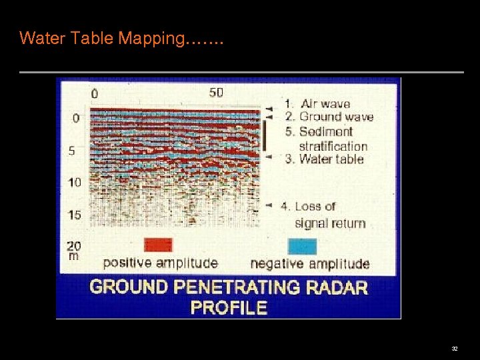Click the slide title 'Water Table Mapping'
click(x=121, y=38)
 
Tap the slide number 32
click(x=455, y=349)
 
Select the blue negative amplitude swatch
click(x=302, y=245)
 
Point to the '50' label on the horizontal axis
click(x=216, y=93)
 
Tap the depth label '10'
click(x=75, y=182)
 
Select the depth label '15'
click(x=75, y=215)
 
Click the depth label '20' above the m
click(x=75, y=245)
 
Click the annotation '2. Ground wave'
click(x=329, y=117)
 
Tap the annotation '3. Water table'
click(x=325, y=159)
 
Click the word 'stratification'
click(x=333, y=145)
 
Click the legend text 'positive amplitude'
click(x=160, y=263)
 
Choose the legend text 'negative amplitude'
click(x=309, y=263)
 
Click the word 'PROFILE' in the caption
click(x=229, y=307)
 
